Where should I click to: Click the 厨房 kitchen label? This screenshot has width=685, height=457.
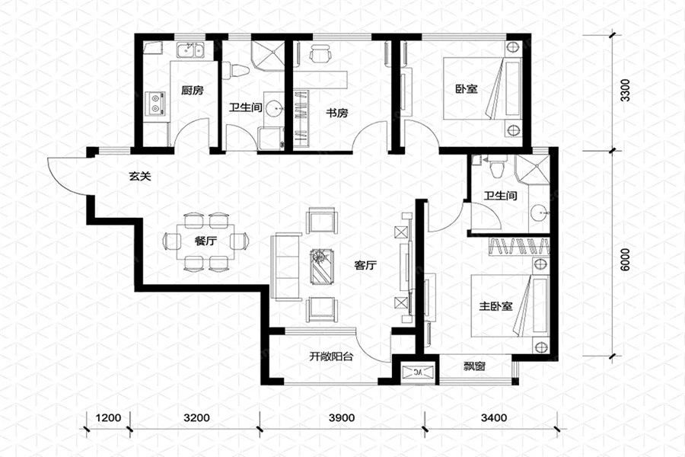(193, 91)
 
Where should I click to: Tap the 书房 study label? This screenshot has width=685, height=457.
(337, 113)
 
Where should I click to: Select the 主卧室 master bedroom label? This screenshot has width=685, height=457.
(495, 306)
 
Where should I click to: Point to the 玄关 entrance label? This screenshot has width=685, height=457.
(140, 177)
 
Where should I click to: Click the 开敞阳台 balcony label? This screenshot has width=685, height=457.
(331, 356)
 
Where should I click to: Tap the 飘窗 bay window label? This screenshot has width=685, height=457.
(474, 366)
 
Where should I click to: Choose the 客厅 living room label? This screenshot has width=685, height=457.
(365, 265)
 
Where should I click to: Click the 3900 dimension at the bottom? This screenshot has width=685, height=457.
(342, 417)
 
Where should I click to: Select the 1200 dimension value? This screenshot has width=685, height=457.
(108, 417)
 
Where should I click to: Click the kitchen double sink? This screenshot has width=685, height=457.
(190, 51)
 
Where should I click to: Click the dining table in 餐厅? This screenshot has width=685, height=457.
(205, 242)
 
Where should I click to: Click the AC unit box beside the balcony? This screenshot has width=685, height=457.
(419, 372)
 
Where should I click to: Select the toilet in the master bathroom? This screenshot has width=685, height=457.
(496, 168)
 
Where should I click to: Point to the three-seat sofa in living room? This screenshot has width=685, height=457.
(287, 267)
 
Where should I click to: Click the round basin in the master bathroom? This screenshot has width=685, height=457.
(538, 213)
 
